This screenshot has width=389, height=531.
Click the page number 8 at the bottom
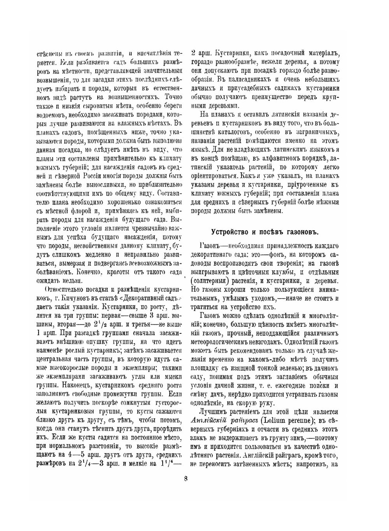pyautogui.click(x=186, y=478)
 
